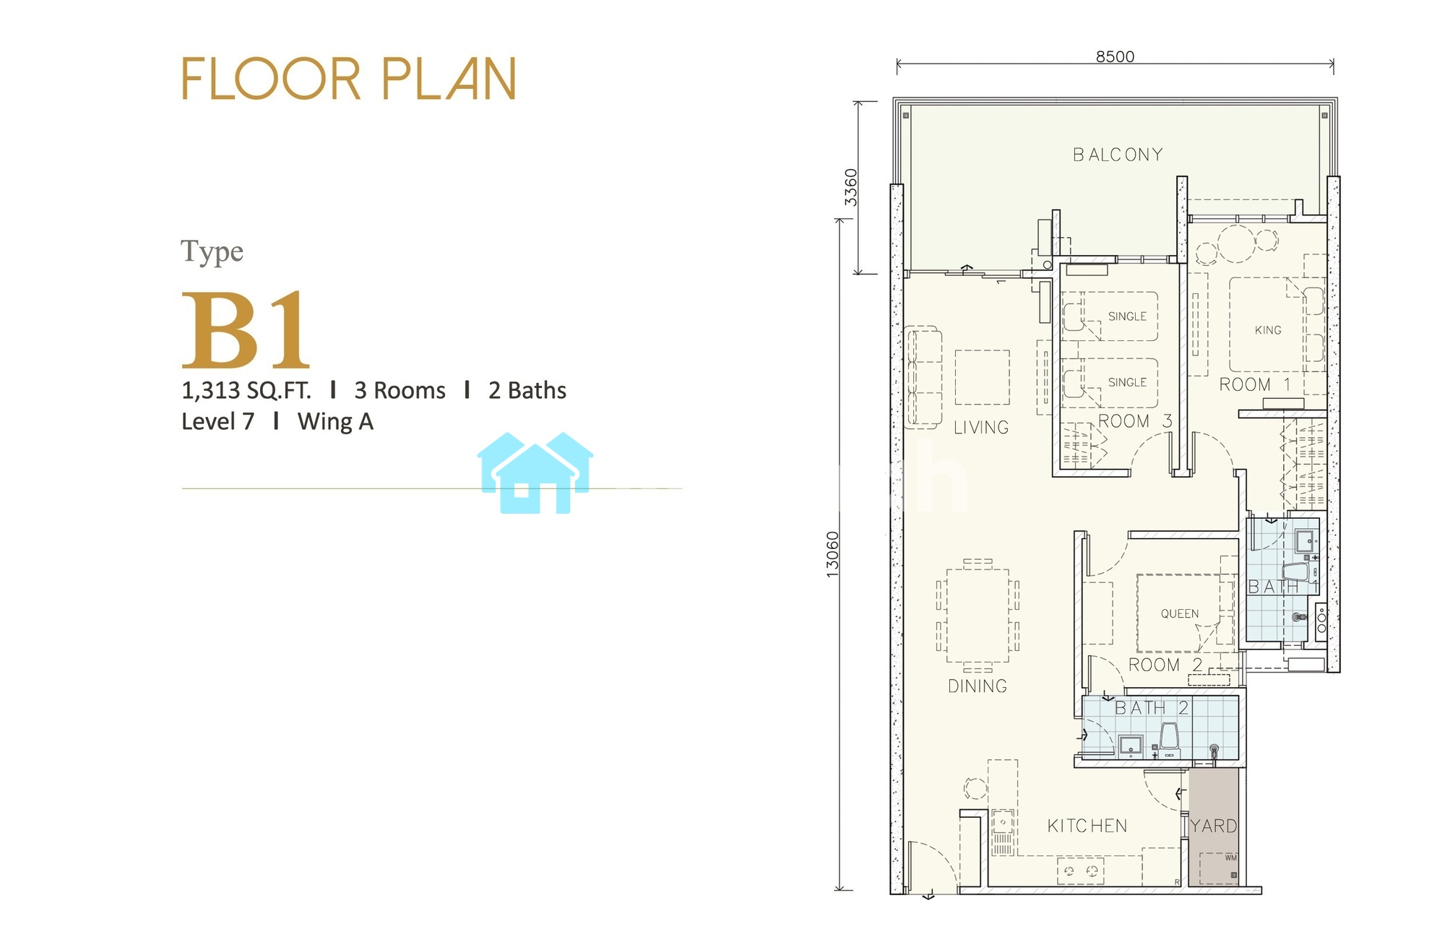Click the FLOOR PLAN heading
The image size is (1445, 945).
point(349,79)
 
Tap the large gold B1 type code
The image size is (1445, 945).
point(246,330)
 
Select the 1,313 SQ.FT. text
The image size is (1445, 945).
point(246,391)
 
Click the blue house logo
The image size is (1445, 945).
point(535,473)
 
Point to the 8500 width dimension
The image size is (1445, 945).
point(1115,56)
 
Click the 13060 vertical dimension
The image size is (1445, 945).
point(832,554)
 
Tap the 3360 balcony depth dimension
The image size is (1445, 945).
point(851,187)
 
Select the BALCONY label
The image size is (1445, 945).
point(1118,155)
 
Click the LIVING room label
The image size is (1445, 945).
point(981,428)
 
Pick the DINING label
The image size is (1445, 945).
point(978,686)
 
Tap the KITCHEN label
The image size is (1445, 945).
point(1087,826)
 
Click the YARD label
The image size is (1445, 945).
point(1214,826)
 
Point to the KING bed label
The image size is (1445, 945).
point(1268,330)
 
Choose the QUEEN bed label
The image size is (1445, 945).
point(1180,613)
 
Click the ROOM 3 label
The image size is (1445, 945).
point(1135,421)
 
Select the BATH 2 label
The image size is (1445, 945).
point(1152,708)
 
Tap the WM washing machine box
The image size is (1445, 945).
point(1219,868)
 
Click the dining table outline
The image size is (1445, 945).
point(978,616)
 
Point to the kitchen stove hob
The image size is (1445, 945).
point(1081,871)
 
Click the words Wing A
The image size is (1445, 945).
point(335,422)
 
